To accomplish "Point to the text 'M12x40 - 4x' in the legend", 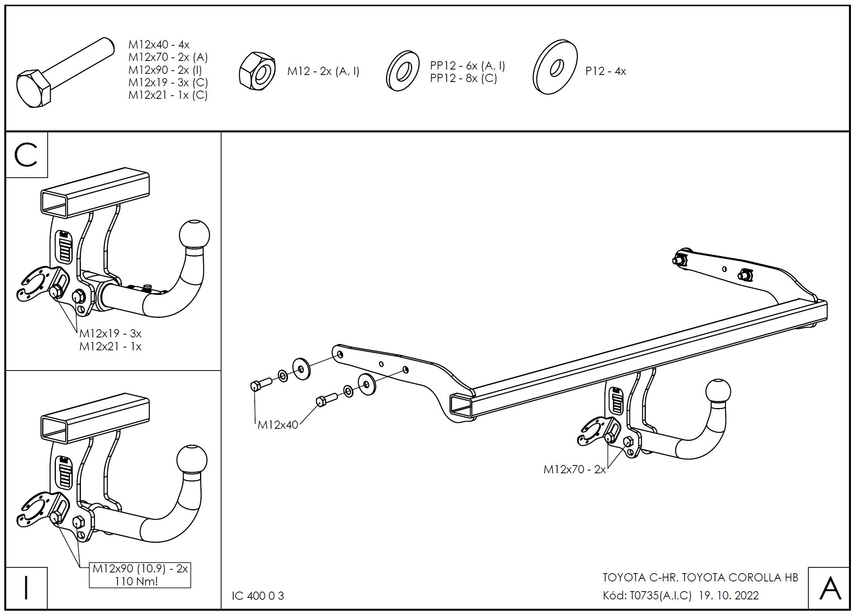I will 159,45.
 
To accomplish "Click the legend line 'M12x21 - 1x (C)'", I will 168,95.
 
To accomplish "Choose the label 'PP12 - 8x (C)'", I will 463,78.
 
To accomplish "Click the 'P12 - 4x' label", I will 606,71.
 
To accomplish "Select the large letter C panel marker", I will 26,155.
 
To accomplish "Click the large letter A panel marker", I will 830,588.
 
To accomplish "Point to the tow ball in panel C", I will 194,235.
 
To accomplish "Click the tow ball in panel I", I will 192,459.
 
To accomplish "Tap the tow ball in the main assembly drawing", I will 718,391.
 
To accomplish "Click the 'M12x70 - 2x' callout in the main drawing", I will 574,469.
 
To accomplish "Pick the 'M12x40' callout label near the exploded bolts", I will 277,425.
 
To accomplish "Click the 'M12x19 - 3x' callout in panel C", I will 110,333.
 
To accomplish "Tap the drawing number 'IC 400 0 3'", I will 258,596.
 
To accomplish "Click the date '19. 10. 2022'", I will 729,595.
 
